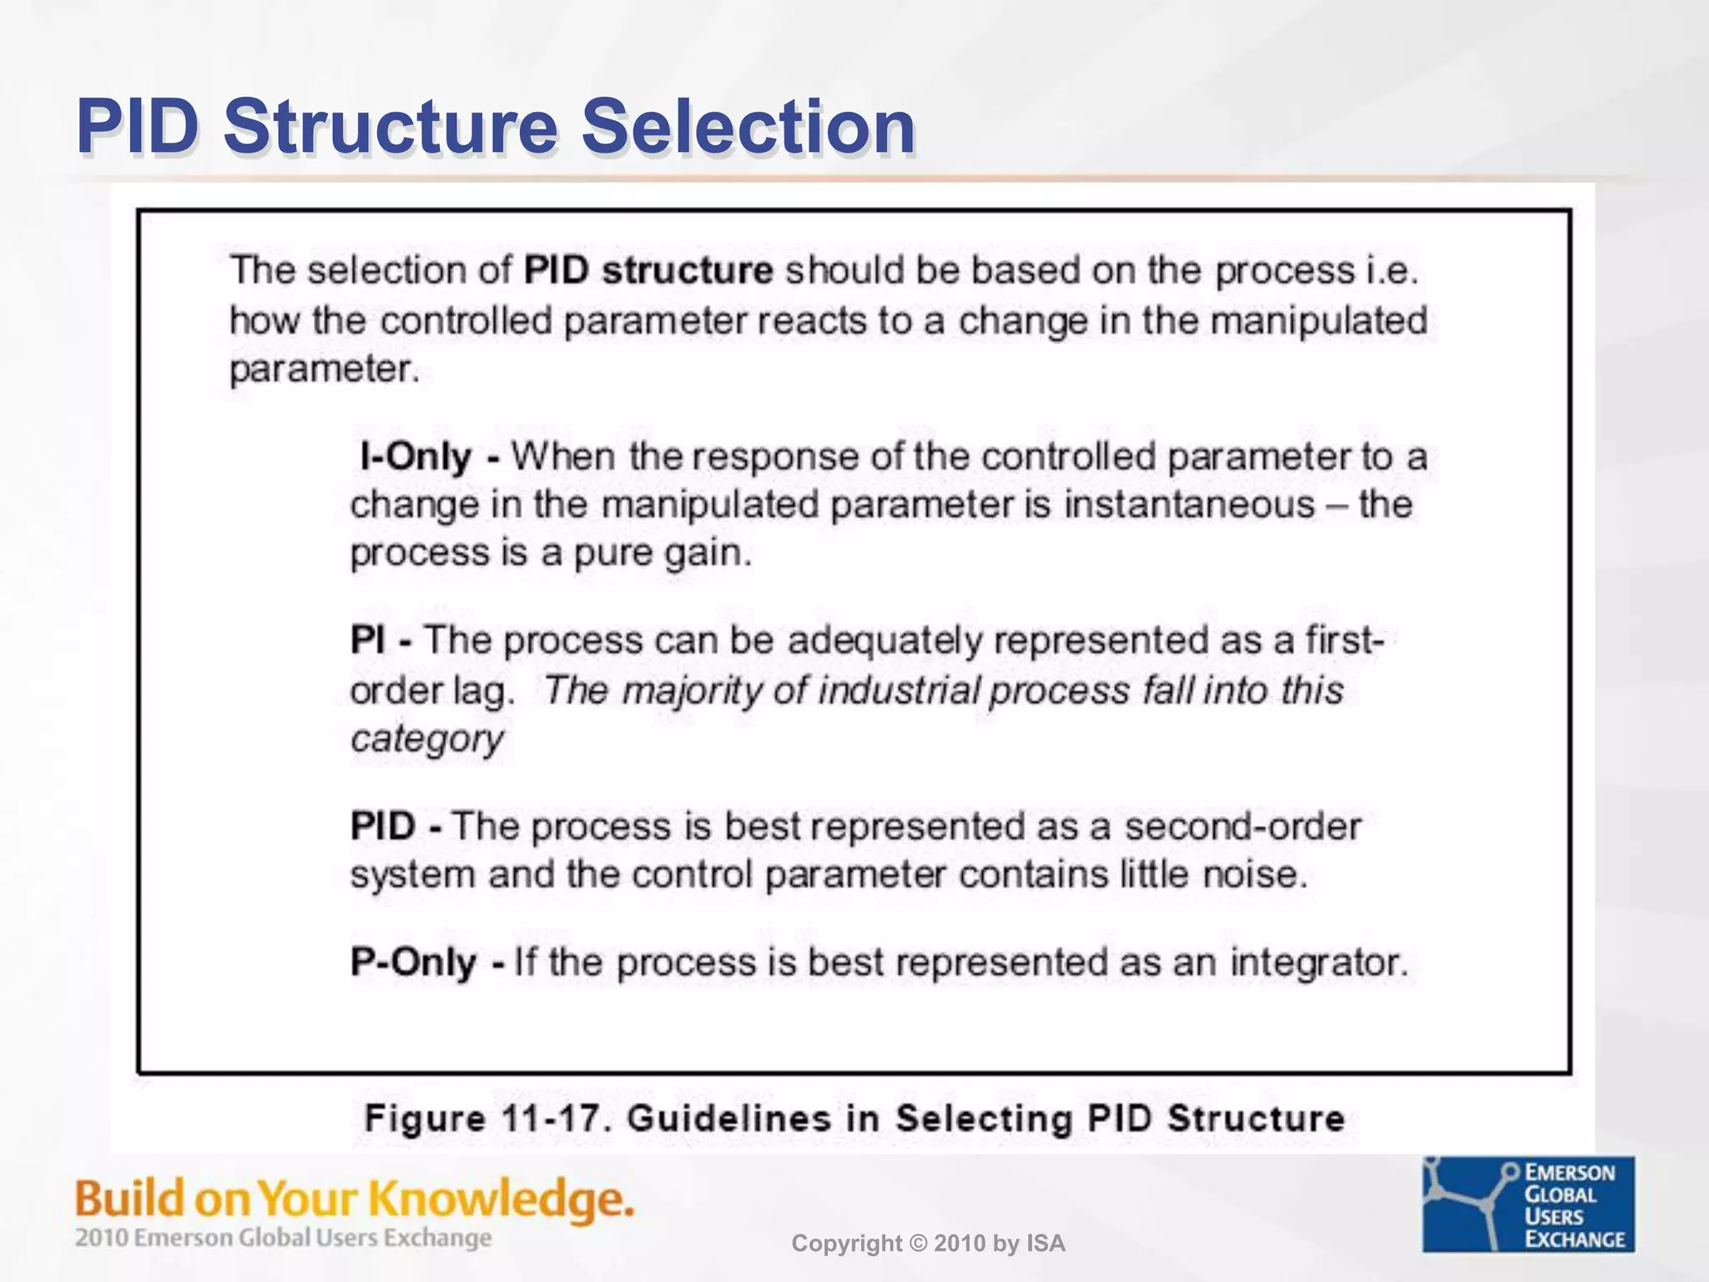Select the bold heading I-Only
[x=416, y=457]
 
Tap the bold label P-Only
[x=414, y=962]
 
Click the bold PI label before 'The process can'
[x=368, y=641]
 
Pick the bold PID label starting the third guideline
[x=383, y=826]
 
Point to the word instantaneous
[x=1189, y=505]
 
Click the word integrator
[x=1318, y=962]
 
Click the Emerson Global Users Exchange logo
[x=1528, y=1204]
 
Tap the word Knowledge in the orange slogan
[x=501, y=1199]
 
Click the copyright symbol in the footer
[x=915, y=1244]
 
